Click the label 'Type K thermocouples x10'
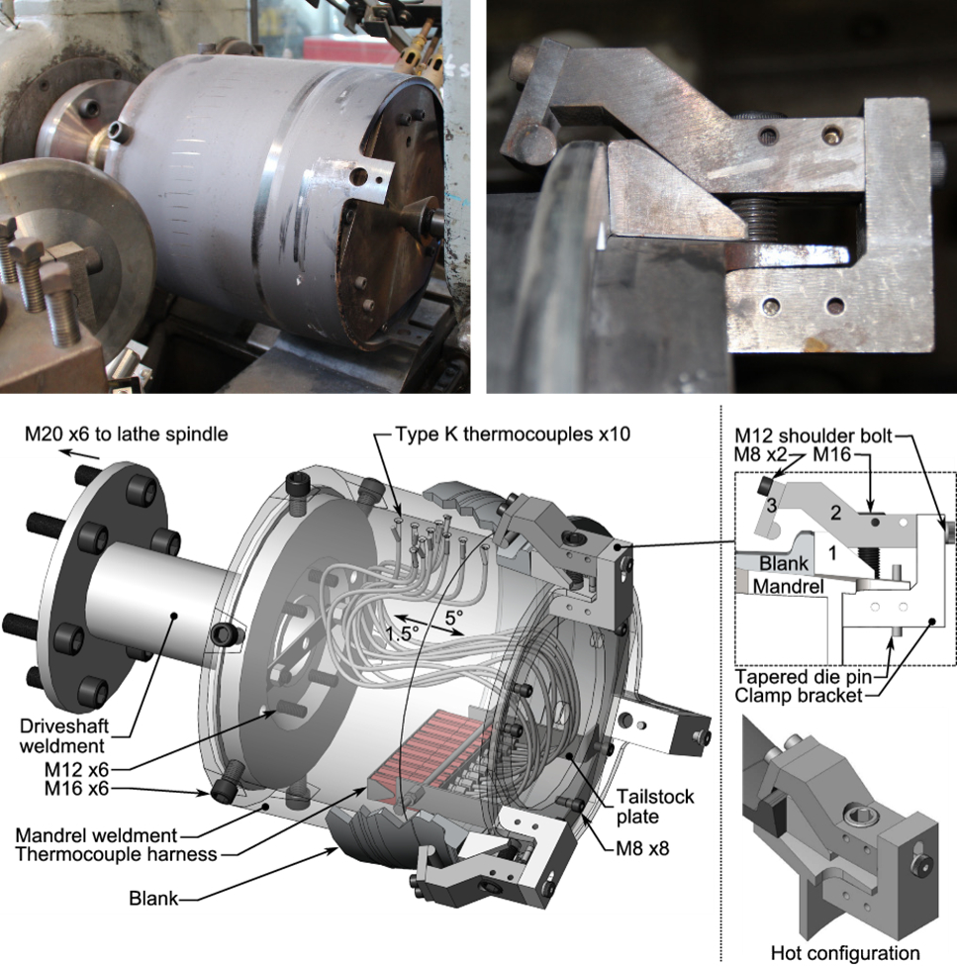513,434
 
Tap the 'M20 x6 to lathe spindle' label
127,434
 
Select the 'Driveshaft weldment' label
64,735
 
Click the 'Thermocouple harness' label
117,854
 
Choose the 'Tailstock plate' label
655,807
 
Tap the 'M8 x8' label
642,848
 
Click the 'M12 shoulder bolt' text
813,435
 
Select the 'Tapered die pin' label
803,677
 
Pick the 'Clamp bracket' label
798,696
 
